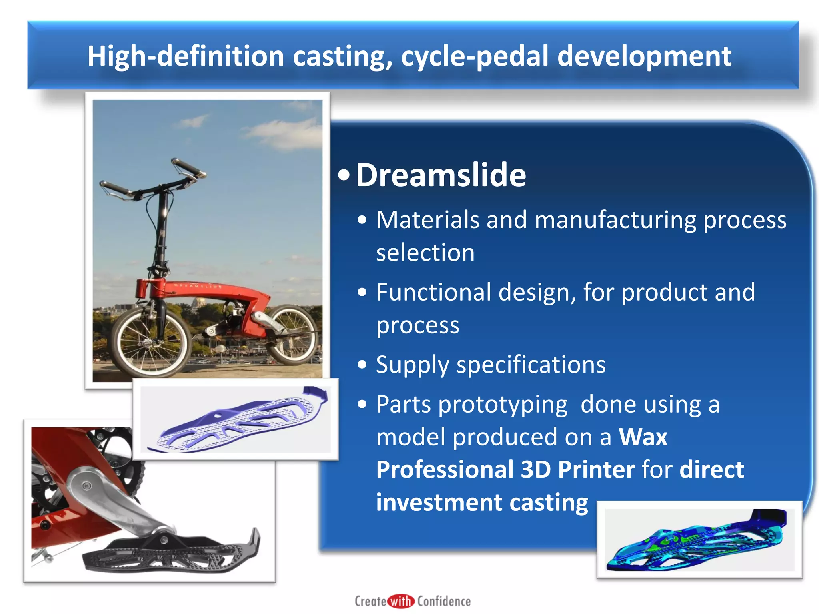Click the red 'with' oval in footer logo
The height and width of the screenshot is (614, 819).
pos(401,601)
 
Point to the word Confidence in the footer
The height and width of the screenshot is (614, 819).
pos(444,601)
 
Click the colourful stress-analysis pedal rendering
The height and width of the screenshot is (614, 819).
pos(698,540)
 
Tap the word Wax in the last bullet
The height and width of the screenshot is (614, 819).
pos(643,437)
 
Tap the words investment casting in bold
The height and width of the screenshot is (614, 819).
pos(482,502)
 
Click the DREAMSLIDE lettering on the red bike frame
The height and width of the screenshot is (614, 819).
pos(198,286)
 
